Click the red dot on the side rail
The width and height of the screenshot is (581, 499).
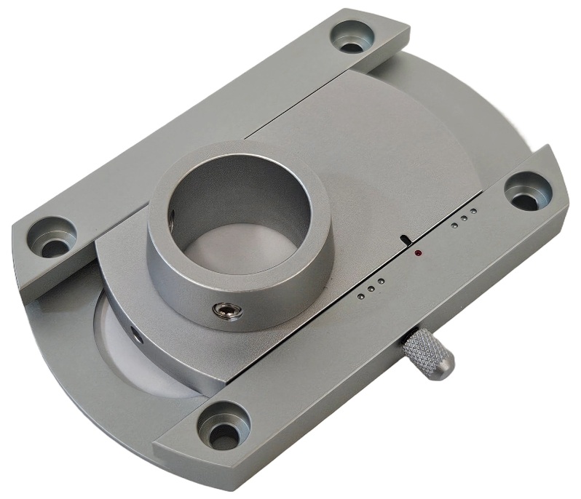[418, 253]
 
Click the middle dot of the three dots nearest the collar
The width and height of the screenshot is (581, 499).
[371, 289]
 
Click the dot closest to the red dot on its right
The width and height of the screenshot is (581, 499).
[454, 225]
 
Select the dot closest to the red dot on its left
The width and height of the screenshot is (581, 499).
[380, 282]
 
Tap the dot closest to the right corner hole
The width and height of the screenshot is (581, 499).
[473, 212]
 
